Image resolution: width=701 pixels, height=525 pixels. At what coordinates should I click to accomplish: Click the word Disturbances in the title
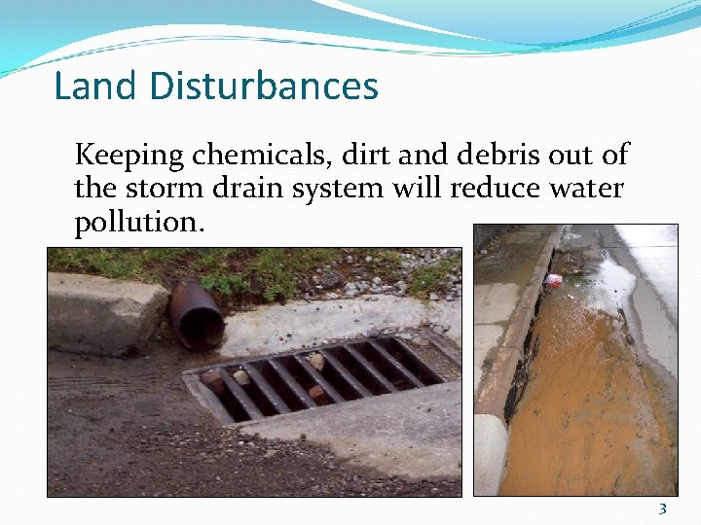(x=264, y=86)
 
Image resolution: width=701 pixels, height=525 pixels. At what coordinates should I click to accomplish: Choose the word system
(x=342, y=188)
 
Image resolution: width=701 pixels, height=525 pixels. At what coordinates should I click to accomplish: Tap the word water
(x=587, y=188)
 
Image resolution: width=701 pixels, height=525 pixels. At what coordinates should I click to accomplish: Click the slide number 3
(x=662, y=508)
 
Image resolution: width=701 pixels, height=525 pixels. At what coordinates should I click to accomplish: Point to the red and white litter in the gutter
(x=554, y=280)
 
